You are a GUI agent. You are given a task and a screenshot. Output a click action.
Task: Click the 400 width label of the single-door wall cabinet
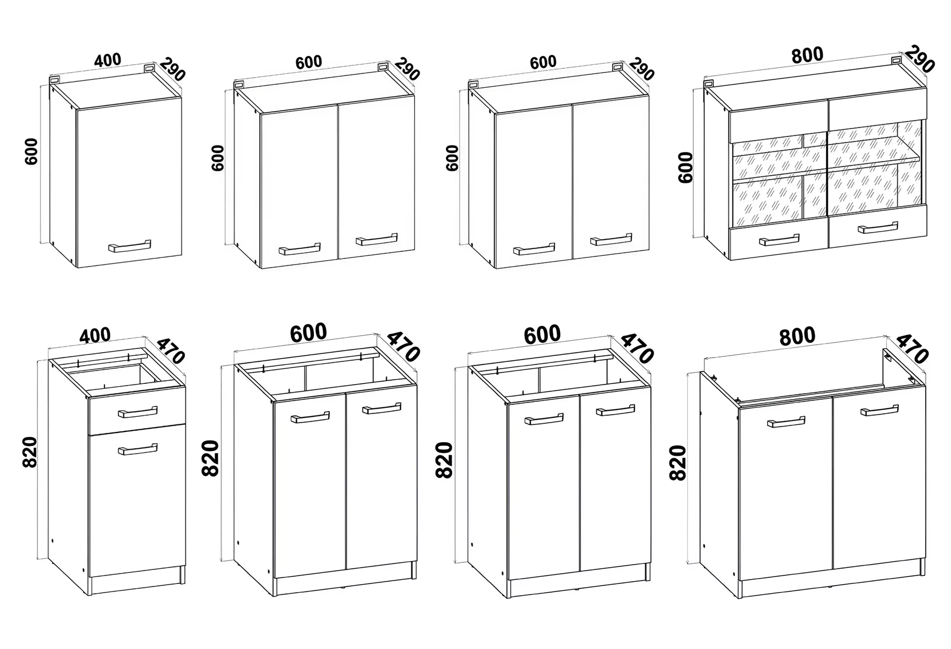(x=108, y=60)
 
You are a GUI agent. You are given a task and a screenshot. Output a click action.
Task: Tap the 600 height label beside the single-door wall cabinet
(x=32, y=151)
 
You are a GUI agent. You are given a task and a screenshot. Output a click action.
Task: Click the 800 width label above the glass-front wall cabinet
(x=807, y=55)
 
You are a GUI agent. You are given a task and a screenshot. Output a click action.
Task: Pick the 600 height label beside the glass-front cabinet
(x=686, y=168)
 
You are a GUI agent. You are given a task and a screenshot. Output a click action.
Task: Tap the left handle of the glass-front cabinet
(x=779, y=240)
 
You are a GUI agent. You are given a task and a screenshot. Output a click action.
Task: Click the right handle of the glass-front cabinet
(x=877, y=227)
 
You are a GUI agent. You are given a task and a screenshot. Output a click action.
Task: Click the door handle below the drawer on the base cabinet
(x=137, y=449)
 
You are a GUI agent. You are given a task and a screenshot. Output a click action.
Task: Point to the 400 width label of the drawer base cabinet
(x=95, y=336)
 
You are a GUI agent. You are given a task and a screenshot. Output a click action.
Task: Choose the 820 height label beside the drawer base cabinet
(x=30, y=452)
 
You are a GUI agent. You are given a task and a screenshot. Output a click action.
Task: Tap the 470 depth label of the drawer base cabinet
(x=171, y=350)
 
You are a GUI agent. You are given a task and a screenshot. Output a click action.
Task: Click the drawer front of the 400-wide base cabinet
(x=137, y=410)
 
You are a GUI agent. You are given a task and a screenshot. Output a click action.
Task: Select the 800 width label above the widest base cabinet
(x=797, y=336)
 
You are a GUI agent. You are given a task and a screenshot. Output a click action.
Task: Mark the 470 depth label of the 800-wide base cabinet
(x=912, y=349)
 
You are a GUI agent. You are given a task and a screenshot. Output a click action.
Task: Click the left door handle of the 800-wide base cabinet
(x=786, y=422)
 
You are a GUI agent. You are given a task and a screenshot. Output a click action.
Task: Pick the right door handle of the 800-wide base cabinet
(x=879, y=410)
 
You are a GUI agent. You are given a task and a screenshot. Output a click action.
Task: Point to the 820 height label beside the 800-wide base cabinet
(x=678, y=463)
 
